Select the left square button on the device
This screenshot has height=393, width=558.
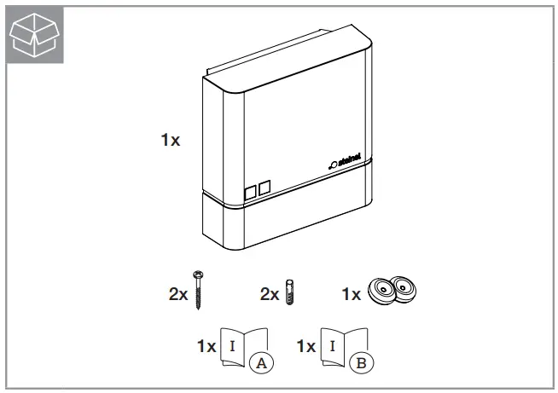coord(250,191)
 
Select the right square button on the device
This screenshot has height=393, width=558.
coord(264,186)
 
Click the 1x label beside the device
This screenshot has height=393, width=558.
coord(171,141)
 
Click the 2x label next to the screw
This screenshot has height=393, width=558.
coord(178,294)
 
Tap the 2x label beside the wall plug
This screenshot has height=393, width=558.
coord(270,294)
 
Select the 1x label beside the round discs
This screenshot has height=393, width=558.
coord(351,294)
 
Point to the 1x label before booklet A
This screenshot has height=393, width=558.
coord(206,347)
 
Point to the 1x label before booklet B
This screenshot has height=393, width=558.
coord(306,347)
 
